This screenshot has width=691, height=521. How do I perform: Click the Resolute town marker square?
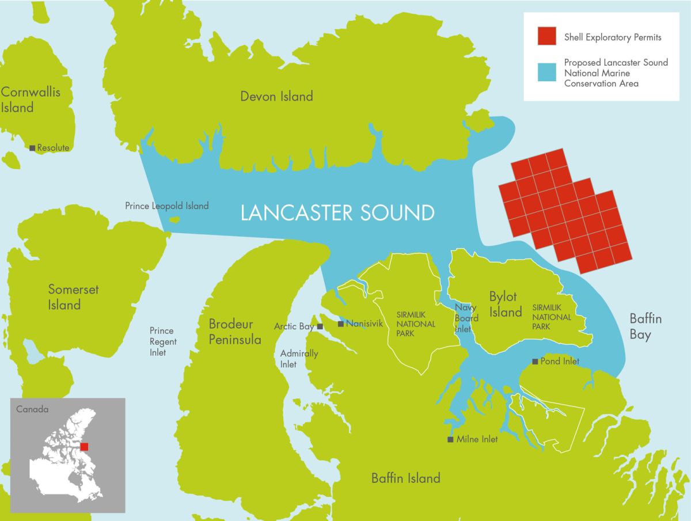tap(33, 148)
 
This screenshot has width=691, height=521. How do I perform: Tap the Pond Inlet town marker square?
tap(535, 362)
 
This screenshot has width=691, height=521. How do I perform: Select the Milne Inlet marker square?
tap(450, 439)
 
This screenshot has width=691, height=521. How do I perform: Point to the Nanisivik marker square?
tap(340, 324)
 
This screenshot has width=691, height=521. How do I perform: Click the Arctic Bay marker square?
tap(321, 326)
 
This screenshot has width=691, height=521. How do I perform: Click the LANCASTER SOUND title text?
tap(337, 213)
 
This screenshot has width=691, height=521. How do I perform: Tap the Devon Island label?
tap(276, 96)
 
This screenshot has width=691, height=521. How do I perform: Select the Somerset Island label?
tap(73, 297)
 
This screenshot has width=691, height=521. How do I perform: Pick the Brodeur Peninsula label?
tap(235, 332)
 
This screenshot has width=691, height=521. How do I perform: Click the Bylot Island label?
tap(506, 305)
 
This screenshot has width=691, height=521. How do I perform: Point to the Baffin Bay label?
tap(645, 326)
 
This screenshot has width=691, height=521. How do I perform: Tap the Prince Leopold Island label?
tap(167, 206)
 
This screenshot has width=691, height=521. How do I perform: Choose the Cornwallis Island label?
tap(30, 100)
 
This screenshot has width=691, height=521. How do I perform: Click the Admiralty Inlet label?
tap(299, 359)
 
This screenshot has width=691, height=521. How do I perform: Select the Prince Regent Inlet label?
tap(163, 341)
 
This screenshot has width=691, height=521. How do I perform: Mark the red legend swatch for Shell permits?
tap(546, 36)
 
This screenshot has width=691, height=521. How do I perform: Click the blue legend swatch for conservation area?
tap(546, 72)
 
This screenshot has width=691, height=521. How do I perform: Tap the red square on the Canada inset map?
tap(85, 447)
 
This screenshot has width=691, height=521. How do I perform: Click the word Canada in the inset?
tap(32, 409)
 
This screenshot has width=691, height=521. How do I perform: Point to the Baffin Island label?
tap(405, 478)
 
